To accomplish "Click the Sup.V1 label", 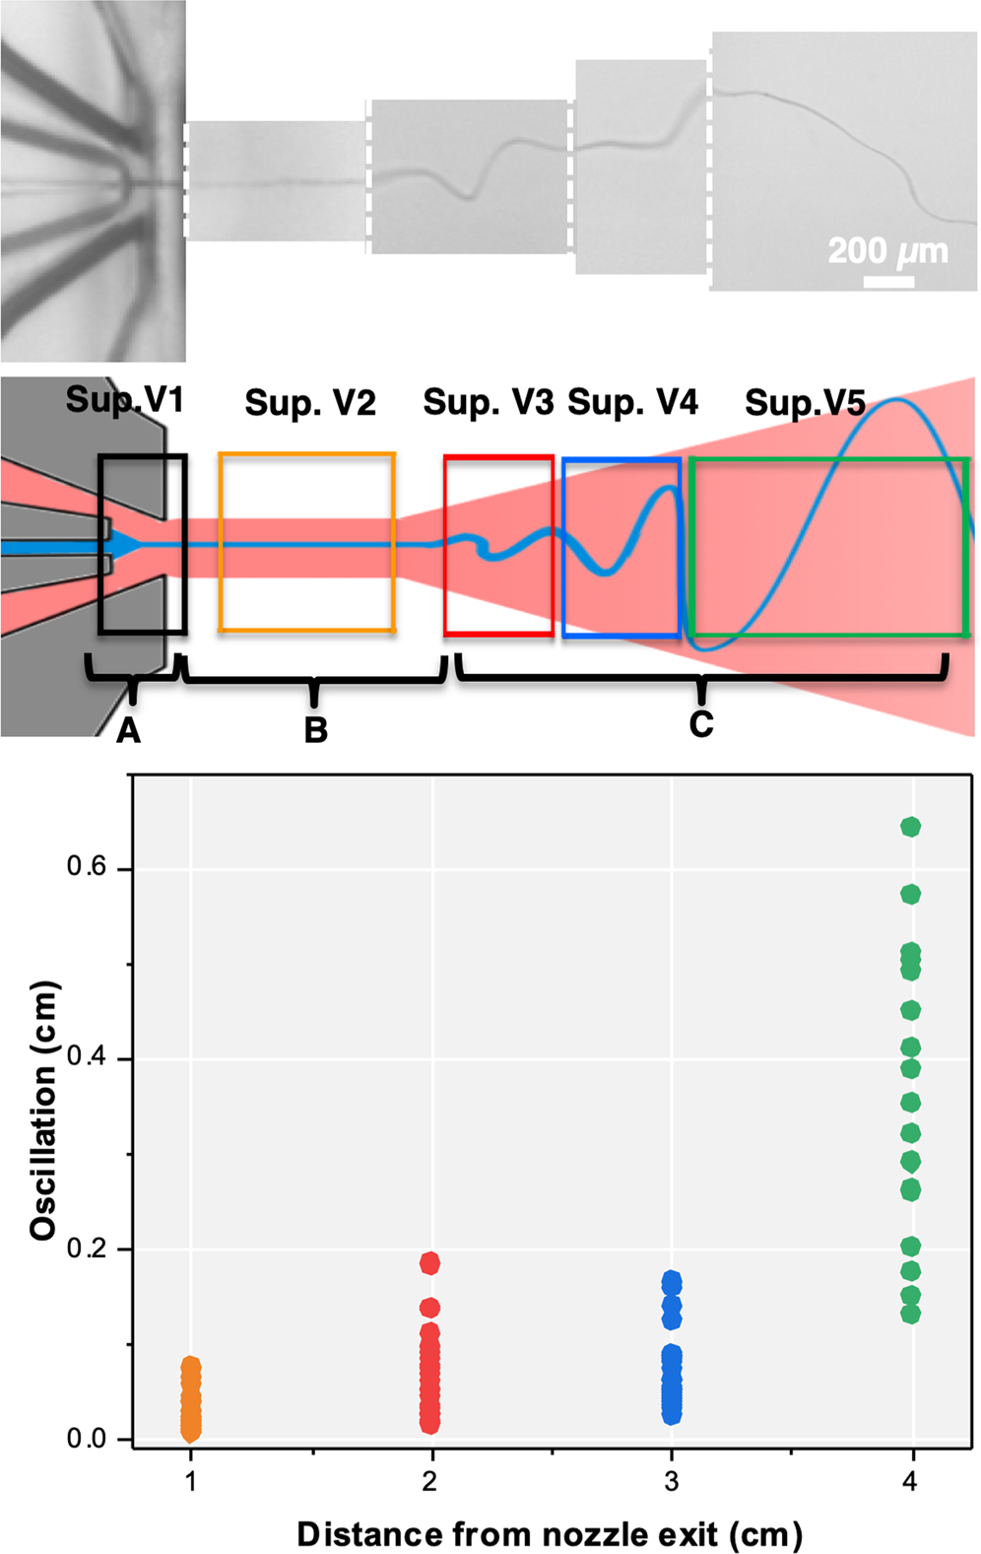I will pos(124,400).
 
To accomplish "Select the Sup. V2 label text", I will pos(310,403).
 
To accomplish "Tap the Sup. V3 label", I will pos(488,402).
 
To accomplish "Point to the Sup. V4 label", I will pos(632,402).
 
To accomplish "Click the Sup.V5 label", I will pos(805,403).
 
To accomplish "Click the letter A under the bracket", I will pos(128,731).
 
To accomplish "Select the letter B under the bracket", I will pos(315,730).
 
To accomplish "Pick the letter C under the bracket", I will pos(700,724).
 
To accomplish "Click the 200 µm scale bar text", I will pos(887,251).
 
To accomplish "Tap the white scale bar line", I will pos(888,282).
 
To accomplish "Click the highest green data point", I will pos(910,827).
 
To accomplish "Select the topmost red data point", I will pos(429,1263).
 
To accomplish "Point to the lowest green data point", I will pos(910,1314).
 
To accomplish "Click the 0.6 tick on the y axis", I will pos(86,867).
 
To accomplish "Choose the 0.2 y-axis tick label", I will pos(86,1249).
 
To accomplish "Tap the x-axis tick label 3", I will pos(671,1481).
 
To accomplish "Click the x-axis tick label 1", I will pos(191,1481).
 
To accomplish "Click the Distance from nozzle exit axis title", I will pos(550,1533).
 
